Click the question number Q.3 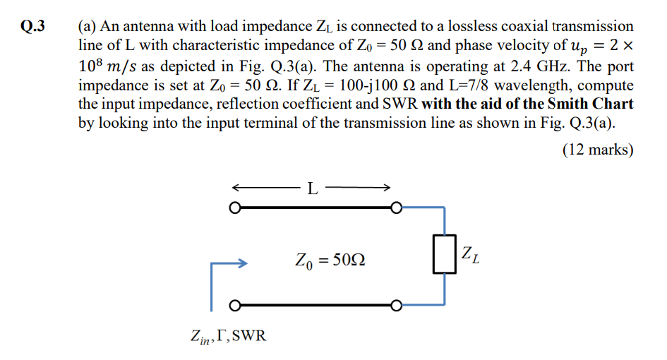(x=32, y=27)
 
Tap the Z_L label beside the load (x=471, y=255)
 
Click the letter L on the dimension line (x=313, y=188)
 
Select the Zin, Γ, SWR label (x=229, y=335)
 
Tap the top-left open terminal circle (x=235, y=209)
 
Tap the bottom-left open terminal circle (x=235, y=306)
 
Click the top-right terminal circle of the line (x=397, y=209)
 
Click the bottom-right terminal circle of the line (x=397, y=306)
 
